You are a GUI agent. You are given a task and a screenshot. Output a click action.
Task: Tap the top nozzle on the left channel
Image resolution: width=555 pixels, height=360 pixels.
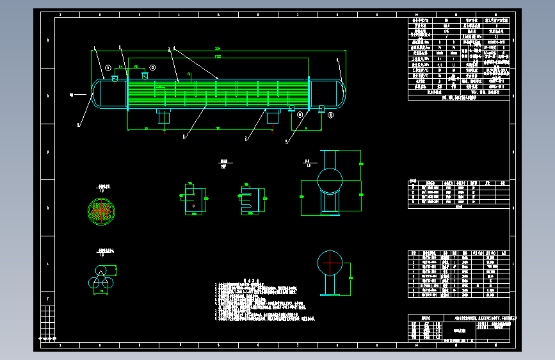(x=114, y=79)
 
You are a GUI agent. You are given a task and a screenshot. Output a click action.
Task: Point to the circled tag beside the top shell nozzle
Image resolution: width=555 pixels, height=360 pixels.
(x=152, y=67)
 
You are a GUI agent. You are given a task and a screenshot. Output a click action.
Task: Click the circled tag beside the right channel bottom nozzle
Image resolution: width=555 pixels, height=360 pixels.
(x=331, y=115)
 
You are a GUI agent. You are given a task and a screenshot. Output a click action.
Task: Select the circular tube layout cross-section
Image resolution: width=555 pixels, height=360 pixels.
(x=101, y=211)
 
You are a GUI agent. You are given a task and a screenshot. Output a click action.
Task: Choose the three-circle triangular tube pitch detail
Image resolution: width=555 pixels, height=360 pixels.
(x=99, y=277)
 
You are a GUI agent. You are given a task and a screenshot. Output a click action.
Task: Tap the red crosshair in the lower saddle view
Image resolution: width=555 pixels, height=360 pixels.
(x=330, y=263)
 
